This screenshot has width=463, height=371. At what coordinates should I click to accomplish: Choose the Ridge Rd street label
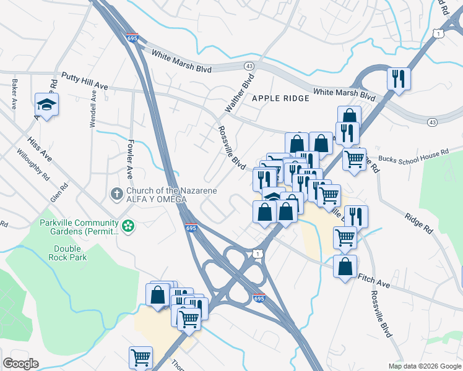tap(418, 223)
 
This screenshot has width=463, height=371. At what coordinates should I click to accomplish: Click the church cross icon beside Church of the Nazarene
tap(116, 195)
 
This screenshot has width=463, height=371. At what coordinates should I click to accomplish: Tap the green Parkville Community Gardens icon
tap(128, 226)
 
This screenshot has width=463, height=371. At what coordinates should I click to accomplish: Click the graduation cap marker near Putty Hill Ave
tap(46, 104)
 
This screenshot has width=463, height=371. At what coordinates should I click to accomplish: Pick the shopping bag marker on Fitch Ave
tap(345, 267)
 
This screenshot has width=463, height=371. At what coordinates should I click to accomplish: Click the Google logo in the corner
tap(20, 364)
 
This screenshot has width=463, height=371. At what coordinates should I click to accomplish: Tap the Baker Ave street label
tap(13, 94)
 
